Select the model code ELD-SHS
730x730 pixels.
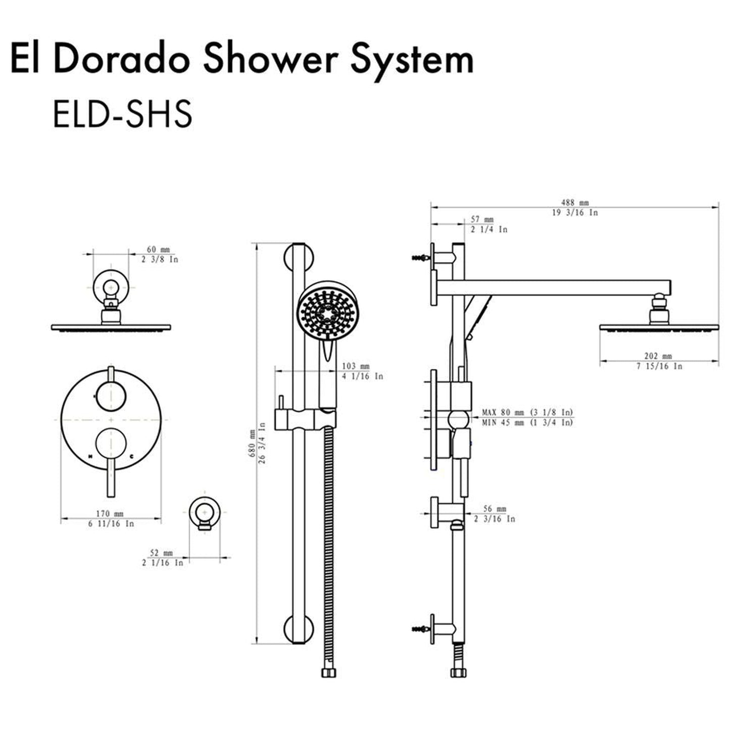[122, 114]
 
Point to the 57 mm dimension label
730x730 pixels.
[482, 220]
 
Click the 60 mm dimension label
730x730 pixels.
[158, 250]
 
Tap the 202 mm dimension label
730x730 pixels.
[659, 357]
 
